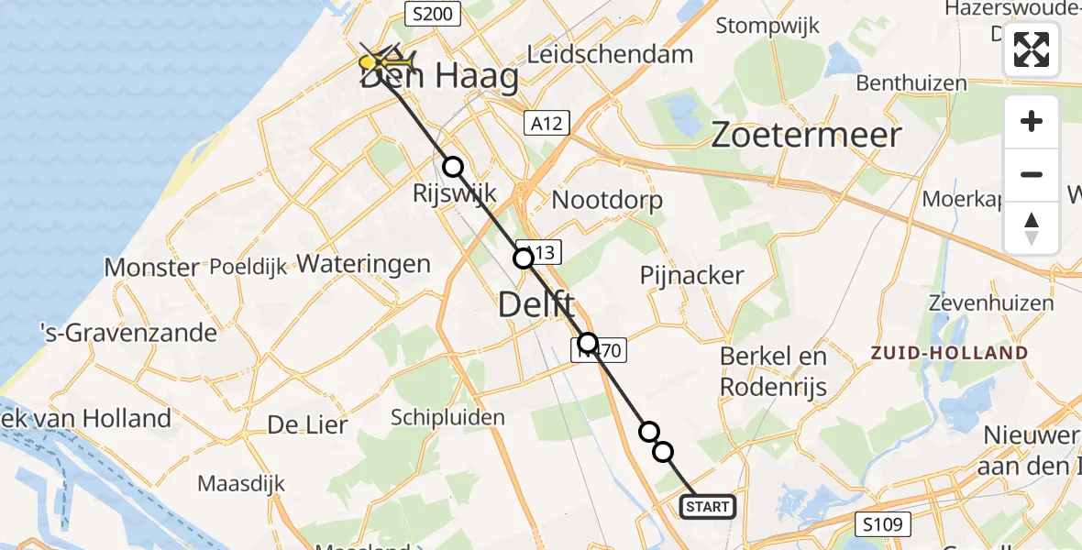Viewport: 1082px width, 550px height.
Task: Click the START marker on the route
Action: pyautogui.click(x=707, y=506)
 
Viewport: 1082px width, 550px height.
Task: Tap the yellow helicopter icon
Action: pyautogui.click(x=385, y=62)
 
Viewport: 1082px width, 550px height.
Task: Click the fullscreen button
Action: pyautogui.click(x=1032, y=49)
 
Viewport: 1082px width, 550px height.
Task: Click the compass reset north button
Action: pyautogui.click(x=1032, y=228)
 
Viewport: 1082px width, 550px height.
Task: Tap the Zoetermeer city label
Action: pyautogui.click(x=807, y=136)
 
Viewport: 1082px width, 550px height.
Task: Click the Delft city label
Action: pyautogui.click(x=536, y=304)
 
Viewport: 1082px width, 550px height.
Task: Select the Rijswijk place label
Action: pyautogui.click(x=455, y=193)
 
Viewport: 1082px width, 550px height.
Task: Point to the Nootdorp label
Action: pyautogui.click(x=608, y=201)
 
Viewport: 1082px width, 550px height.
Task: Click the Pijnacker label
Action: pyautogui.click(x=692, y=275)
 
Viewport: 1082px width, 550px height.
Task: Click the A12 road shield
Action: pyautogui.click(x=547, y=123)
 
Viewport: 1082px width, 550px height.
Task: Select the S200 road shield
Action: pyautogui.click(x=431, y=13)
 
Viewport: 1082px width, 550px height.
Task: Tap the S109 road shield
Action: pyautogui.click(x=886, y=525)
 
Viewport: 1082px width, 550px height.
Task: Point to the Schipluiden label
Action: pyautogui.click(x=447, y=418)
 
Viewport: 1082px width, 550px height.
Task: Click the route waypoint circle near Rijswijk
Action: pyautogui.click(x=453, y=167)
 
